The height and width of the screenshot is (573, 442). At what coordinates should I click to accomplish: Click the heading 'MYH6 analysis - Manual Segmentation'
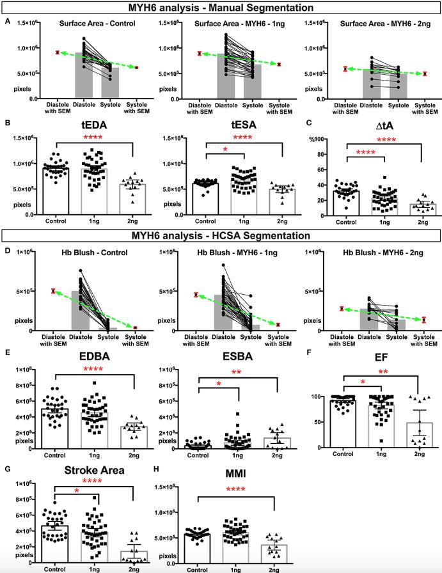[221, 8]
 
